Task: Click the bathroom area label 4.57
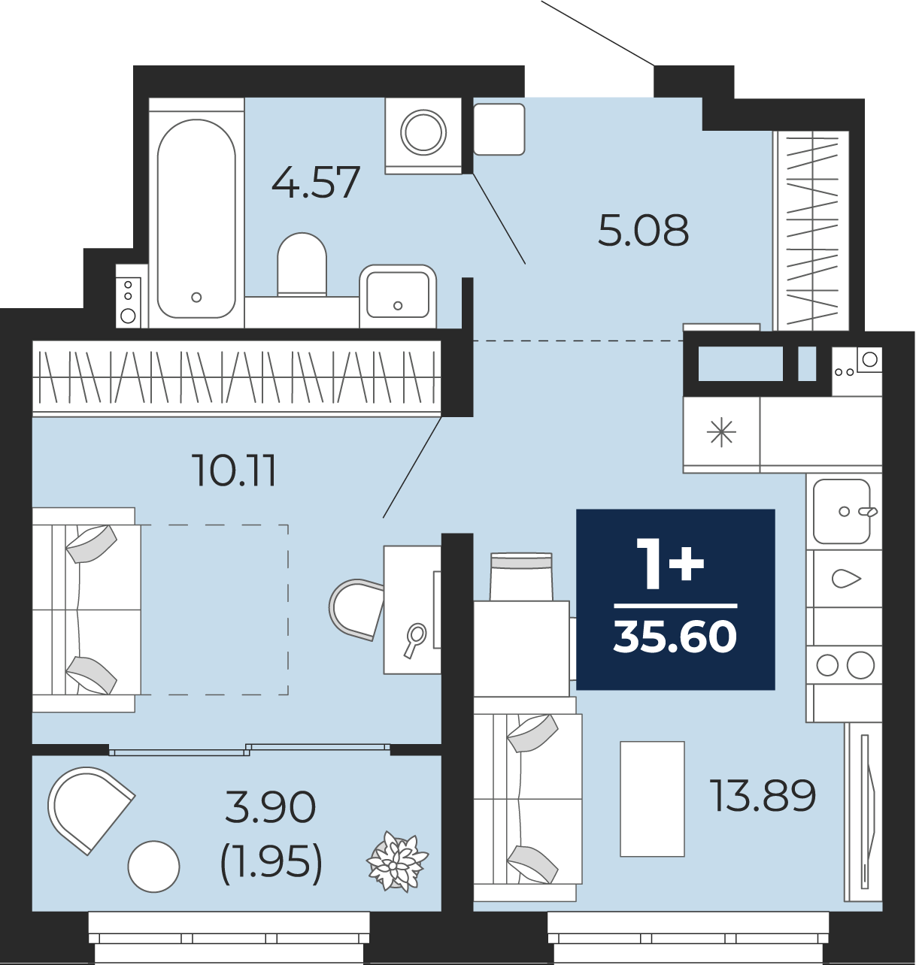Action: click(x=316, y=182)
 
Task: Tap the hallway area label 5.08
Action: click(x=644, y=230)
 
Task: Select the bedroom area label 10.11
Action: click(x=235, y=470)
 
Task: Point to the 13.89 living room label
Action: click(x=763, y=795)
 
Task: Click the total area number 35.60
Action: click(x=675, y=637)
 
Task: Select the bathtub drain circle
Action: click(x=196, y=297)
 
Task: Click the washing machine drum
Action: click(x=423, y=132)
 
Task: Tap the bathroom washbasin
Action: click(x=398, y=296)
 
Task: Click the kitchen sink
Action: click(x=842, y=511)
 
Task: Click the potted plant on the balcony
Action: click(x=397, y=861)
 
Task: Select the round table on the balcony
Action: click(x=153, y=867)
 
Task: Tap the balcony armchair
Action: click(x=89, y=809)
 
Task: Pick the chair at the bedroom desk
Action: click(x=356, y=610)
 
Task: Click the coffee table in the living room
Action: click(x=652, y=799)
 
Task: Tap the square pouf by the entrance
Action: click(x=499, y=129)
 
